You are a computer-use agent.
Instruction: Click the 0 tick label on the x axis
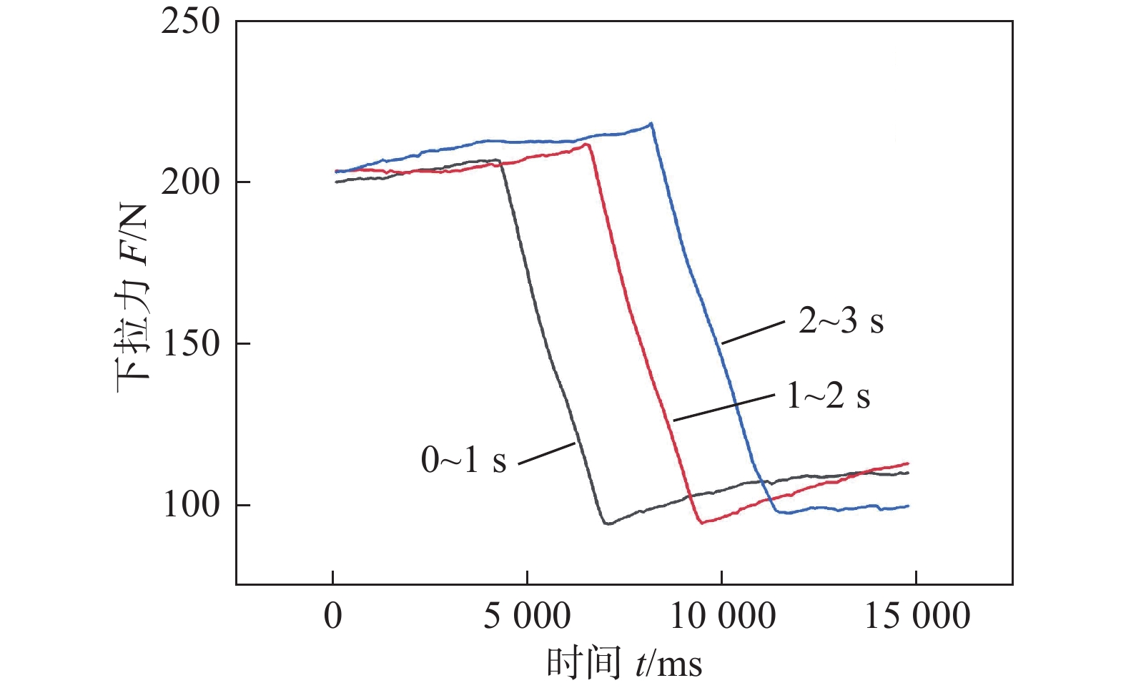point(333,616)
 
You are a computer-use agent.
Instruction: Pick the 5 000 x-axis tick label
point(527,616)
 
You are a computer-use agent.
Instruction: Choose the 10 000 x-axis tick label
point(722,616)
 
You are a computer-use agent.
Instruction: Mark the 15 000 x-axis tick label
point(917,616)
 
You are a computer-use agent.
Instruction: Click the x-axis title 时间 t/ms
point(624,663)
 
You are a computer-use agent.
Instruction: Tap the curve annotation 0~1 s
point(463,459)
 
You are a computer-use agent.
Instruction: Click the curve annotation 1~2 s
point(828,395)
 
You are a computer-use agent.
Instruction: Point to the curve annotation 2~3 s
point(841,321)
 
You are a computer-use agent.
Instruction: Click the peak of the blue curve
point(651,124)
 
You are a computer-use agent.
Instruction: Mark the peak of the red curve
point(587,144)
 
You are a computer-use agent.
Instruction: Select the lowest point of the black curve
point(607,524)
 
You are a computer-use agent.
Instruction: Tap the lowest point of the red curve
point(703,523)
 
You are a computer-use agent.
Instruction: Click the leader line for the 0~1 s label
point(546,453)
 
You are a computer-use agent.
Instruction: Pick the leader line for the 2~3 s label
point(753,333)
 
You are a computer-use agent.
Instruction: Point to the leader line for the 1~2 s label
point(723,407)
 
